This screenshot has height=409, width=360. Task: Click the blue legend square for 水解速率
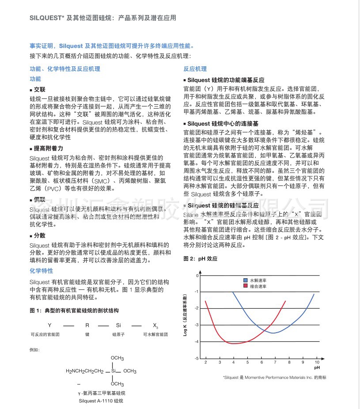click(246, 280)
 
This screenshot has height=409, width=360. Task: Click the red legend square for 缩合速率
click(246, 286)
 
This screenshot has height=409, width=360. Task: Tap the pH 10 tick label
click(317, 362)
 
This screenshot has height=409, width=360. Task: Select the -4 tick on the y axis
click(197, 342)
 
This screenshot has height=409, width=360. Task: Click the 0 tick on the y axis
click(197, 276)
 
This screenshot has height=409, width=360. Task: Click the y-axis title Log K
click(186, 314)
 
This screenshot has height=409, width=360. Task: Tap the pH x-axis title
click(316, 367)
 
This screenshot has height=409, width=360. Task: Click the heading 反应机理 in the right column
click(195, 69)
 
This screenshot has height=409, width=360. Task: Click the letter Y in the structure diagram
click(49, 326)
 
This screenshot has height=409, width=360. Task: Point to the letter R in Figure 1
click(87, 326)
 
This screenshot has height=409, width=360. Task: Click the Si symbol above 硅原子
click(118, 326)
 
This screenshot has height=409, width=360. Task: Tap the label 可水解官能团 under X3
click(155, 335)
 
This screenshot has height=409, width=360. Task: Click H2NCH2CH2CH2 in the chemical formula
click(84, 371)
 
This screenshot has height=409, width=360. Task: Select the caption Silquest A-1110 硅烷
click(101, 401)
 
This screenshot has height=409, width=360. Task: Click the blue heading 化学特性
click(41, 271)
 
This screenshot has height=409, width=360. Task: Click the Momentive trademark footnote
click(274, 378)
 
